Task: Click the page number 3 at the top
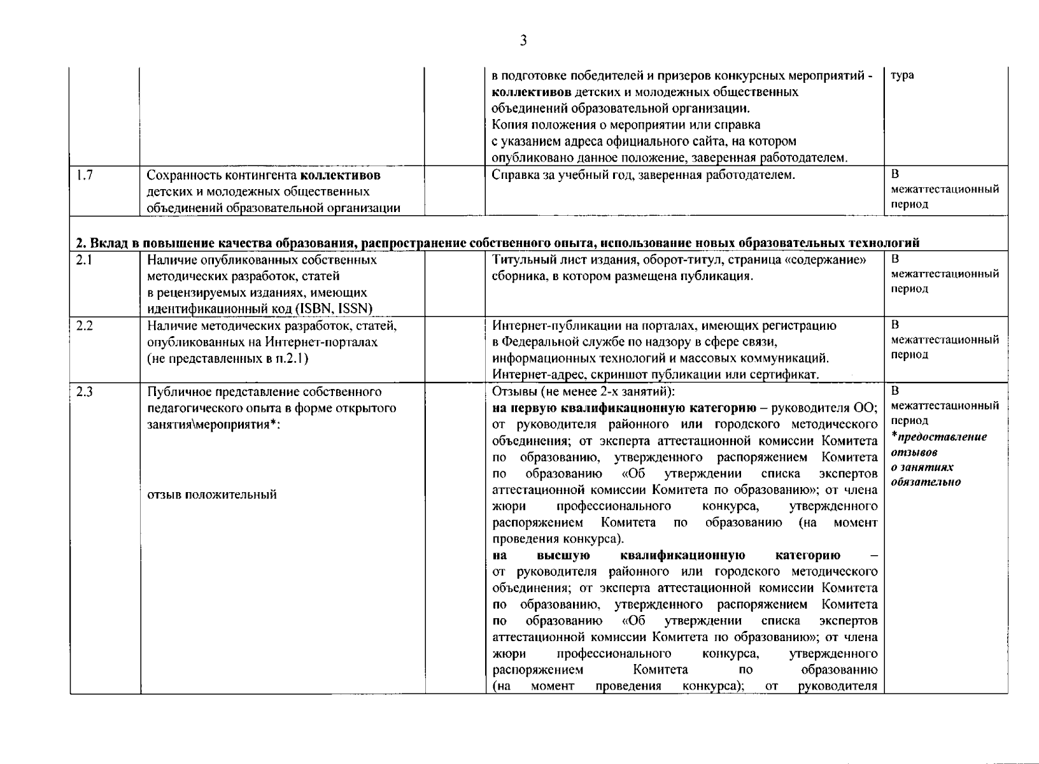(x=523, y=41)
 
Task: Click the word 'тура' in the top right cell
(x=902, y=75)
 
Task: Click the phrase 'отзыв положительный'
(x=211, y=495)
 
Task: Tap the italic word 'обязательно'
(x=926, y=482)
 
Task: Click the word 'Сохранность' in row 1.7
(x=181, y=175)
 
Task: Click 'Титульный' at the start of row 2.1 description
(x=519, y=260)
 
